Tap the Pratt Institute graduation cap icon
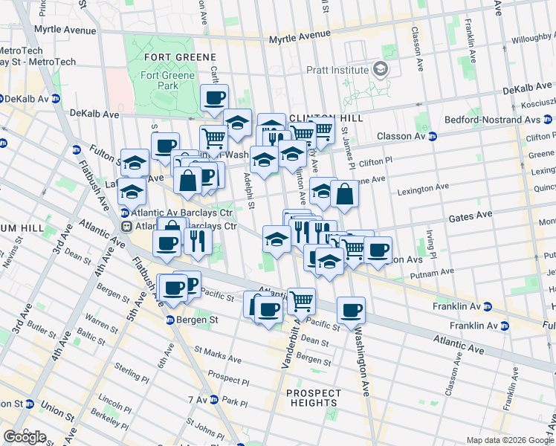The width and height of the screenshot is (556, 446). pos(381,70)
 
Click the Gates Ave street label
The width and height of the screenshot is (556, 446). pos(471,215)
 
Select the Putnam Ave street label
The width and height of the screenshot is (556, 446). pos(431,273)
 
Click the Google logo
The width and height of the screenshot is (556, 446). pos(25,436)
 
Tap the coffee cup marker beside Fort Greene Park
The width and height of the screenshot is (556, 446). pos(214,98)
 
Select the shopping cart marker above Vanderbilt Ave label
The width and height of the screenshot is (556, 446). pos(301,301)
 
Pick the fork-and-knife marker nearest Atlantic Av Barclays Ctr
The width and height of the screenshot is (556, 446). pos(197,241)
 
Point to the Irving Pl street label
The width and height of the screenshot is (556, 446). pos(430,240)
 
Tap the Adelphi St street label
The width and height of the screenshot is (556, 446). pos(250,192)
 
